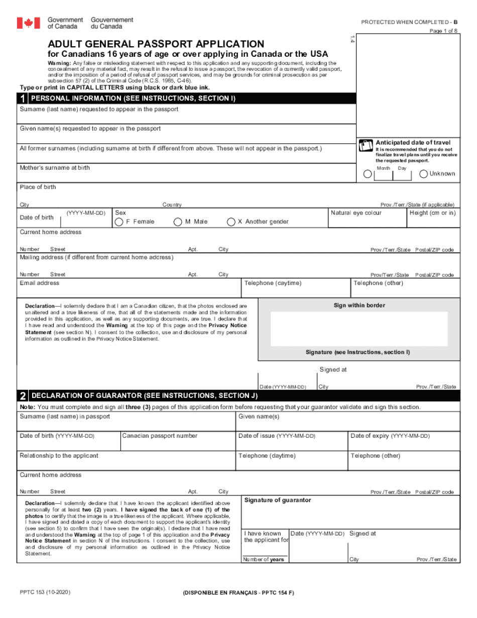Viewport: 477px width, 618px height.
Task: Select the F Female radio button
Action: [119, 222]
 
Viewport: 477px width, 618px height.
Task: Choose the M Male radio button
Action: [178, 222]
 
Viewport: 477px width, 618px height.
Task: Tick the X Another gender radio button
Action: [231, 222]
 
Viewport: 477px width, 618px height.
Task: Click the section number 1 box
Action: [23, 98]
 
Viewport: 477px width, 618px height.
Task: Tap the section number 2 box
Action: [23, 396]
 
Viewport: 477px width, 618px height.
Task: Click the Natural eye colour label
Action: [356, 213]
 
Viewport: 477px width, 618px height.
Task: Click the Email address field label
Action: [39, 283]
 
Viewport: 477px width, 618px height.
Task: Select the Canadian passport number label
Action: [160, 436]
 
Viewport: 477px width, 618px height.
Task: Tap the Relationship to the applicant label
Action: [59, 456]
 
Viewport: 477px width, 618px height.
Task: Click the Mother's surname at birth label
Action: [55, 168]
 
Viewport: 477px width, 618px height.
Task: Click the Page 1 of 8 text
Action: [443, 31]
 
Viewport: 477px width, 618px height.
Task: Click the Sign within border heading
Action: [359, 305]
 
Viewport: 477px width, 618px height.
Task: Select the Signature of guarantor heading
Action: [277, 500]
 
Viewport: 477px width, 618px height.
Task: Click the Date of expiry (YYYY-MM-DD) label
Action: [390, 436]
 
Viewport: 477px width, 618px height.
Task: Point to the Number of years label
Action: [263, 560]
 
